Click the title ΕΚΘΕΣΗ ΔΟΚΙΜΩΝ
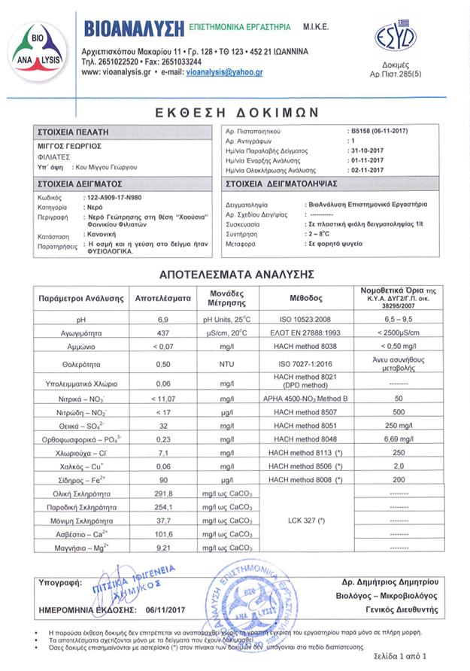[235, 111]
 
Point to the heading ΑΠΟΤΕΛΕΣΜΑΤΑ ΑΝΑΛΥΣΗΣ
[235, 274]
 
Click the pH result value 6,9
[162, 320]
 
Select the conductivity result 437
[162, 332]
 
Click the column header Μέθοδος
[305, 299]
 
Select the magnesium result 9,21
[162, 560]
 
